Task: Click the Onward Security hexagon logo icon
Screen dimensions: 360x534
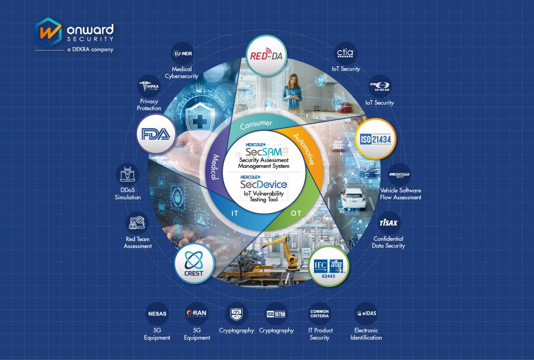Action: click(x=48, y=32)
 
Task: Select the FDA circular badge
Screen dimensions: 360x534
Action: click(x=156, y=134)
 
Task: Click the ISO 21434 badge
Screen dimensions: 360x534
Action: click(x=375, y=139)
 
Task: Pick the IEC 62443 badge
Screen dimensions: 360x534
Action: click(x=328, y=267)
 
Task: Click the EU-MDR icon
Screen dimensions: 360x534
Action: click(x=183, y=54)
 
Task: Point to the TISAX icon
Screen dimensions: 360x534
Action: click(x=388, y=223)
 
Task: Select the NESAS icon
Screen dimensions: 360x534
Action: click(x=157, y=314)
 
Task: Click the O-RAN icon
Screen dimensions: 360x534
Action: click(x=197, y=313)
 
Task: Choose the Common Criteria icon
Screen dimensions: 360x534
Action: click(x=319, y=314)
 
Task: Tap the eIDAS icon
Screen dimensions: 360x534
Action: click(x=366, y=313)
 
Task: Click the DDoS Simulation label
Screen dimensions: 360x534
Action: click(x=128, y=194)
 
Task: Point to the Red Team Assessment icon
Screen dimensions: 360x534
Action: click(x=137, y=222)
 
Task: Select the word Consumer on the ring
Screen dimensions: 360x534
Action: click(x=256, y=125)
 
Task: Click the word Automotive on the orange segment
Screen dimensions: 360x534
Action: click(x=303, y=149)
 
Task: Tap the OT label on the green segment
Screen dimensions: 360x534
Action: click(x=296, y=213)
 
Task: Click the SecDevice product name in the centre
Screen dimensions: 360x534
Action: click(x=264, y=184)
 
